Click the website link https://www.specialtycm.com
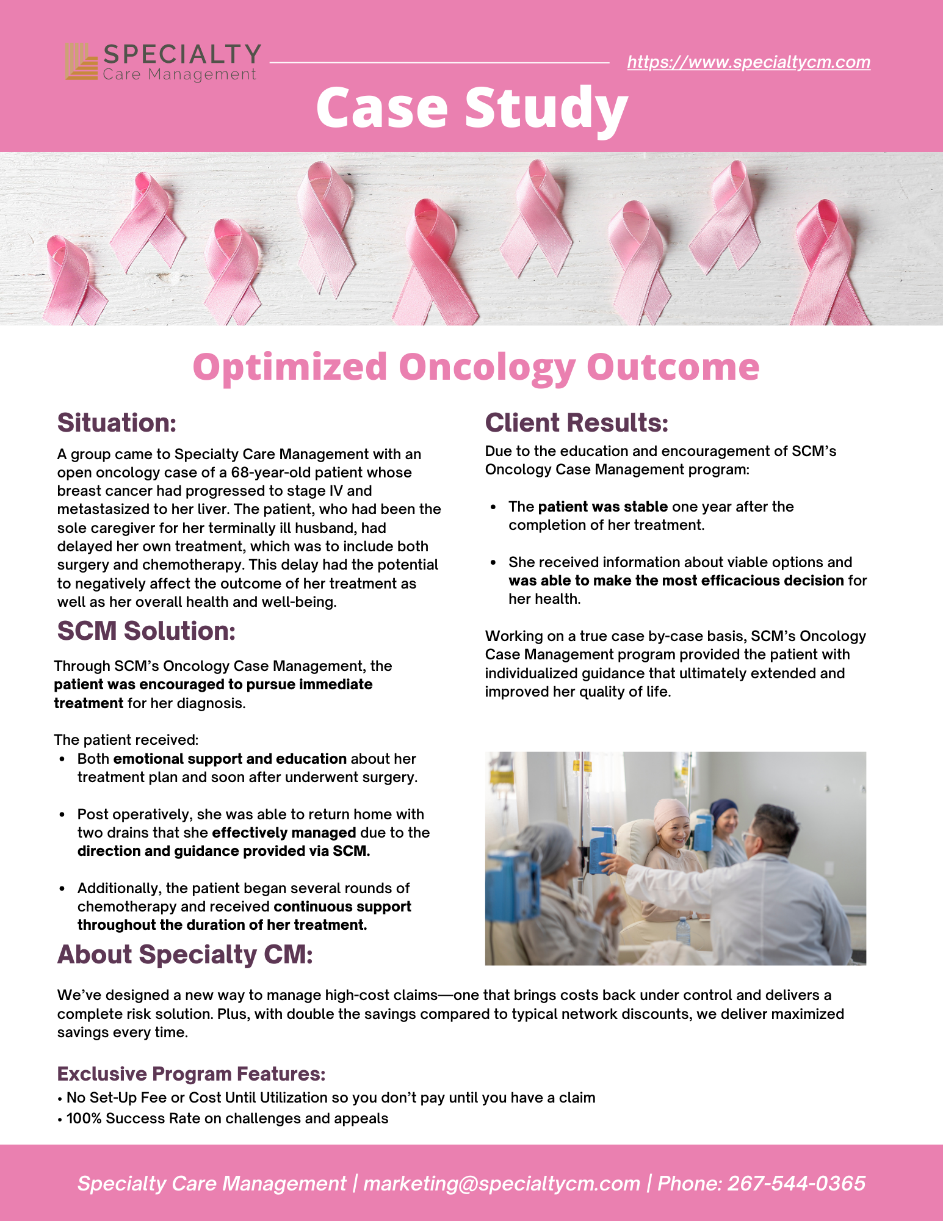(x=748, y=62)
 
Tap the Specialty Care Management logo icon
(x=81, y=61)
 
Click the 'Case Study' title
(x=472, y=108)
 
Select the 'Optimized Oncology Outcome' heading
(x=475, y=367)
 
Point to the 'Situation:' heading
(x=117, y=422)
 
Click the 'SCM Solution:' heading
(x=146, y=631)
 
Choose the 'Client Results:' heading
(x=576, y=422)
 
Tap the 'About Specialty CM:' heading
(x=184, y=955)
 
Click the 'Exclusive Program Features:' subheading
(x=191, y=1073)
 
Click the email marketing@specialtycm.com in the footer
(x=501, y=1183)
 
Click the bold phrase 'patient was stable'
(x=602, y=507)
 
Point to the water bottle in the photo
(x=683, y=932)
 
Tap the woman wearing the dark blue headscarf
(x=724, y=821)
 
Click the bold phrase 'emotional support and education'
(x=229, y=759)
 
